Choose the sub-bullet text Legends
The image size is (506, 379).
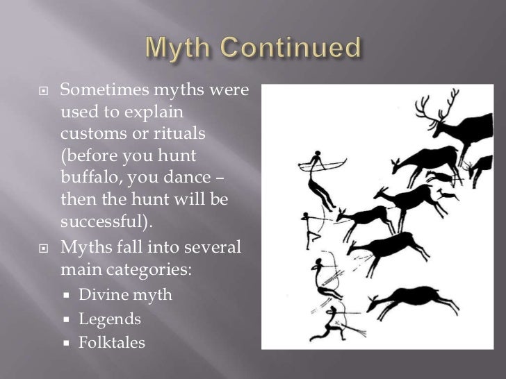(x=110, y=319)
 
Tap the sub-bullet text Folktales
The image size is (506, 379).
(x=112, y=342)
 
